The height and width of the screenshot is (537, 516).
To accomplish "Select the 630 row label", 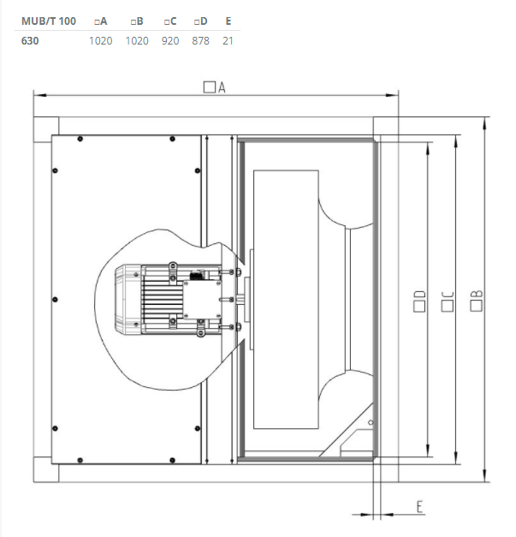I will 30,40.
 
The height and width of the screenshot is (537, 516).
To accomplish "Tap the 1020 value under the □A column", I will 101,40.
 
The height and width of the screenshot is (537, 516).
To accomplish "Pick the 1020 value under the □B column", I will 137,40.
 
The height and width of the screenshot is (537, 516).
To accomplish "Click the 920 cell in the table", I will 170,40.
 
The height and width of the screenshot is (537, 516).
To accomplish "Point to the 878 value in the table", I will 201,40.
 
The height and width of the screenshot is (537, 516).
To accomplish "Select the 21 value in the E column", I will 228,40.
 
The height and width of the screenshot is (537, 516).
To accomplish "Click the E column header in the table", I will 228,21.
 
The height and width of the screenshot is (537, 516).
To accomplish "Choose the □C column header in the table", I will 170,21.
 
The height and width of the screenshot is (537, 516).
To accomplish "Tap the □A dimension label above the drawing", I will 214,87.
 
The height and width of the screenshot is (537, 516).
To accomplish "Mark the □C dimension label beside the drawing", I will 447,301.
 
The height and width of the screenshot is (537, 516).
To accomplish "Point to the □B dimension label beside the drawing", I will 477,301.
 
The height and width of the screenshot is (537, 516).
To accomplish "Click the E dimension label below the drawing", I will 420,506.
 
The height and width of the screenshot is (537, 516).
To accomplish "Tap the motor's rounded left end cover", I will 128,299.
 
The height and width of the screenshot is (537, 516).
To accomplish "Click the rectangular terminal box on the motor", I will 199,297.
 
